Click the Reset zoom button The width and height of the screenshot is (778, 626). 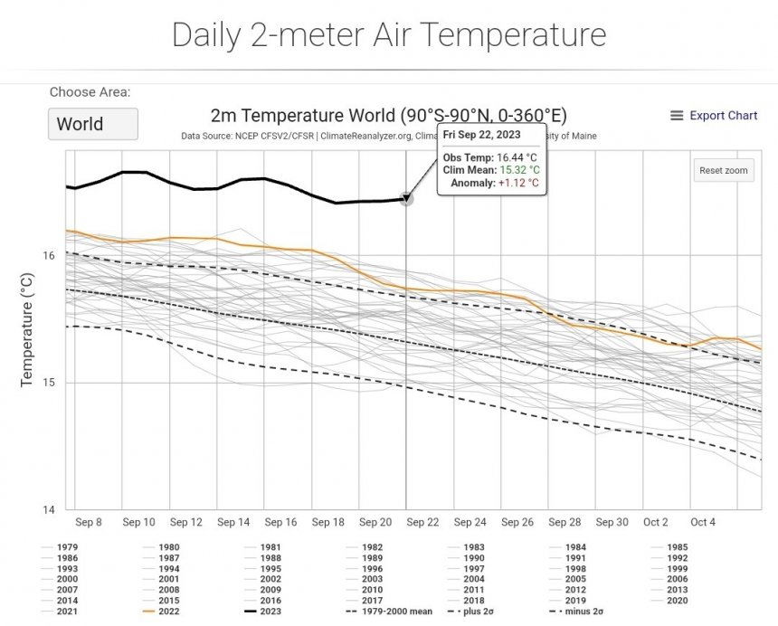[723, 170]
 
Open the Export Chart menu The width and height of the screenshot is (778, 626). [714, 116]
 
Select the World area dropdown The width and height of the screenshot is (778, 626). [92, 124]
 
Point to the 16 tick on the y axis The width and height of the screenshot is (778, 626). [49, 256]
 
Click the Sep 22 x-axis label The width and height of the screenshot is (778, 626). [422, 523]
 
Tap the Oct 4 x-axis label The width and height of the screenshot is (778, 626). [704, 523]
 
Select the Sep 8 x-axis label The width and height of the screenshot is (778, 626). [89, 523]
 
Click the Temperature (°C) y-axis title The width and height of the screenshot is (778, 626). [28, 331]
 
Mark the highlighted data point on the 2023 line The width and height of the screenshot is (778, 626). [406, 199]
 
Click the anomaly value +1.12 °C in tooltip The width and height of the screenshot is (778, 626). [518, 183]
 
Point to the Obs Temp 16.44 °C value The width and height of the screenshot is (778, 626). [517, 157]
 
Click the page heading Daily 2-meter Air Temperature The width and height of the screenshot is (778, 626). [389, 35]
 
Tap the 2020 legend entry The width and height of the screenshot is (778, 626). [678, 601]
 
